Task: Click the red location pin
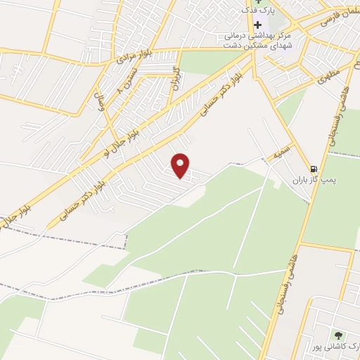pyautogui.click(x=181, y=165)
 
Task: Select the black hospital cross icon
pyautogui.click(x=257, y=25)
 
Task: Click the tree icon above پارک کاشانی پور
pyautogui.click(x=340, y=335)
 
